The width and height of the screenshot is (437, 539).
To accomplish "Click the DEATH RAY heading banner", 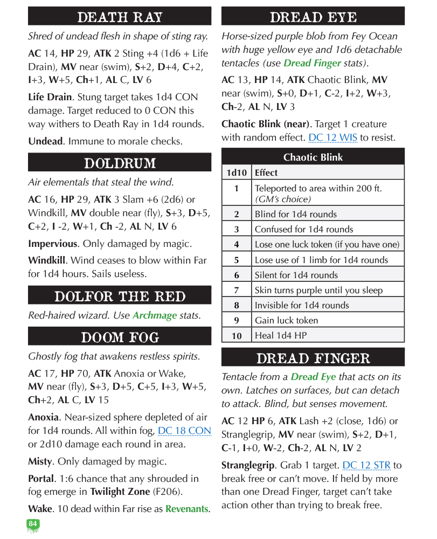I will coord(120,17).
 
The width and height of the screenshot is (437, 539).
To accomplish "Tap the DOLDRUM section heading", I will coord(120,163).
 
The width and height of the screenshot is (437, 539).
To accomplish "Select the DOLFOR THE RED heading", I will coord(120,296).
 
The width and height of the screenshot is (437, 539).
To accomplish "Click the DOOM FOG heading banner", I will coord(120,337).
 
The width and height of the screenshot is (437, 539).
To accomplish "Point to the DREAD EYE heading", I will coord(313,17).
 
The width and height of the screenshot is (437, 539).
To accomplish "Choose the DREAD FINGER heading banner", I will coord(313,358).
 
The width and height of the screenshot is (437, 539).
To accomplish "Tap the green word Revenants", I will coord(186,509).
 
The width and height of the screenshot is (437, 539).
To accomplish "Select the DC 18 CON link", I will coord(184,431).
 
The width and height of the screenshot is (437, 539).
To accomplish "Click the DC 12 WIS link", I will coord(332,137).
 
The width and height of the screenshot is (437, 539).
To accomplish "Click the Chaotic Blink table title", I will coord(313,157).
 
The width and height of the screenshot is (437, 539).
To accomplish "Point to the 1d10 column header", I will coord(237,172).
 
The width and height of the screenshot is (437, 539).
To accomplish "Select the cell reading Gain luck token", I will coord(286,320).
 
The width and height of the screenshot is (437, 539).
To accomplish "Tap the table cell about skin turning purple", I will coord(318,290).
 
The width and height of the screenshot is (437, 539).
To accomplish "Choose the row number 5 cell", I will coord(237,260).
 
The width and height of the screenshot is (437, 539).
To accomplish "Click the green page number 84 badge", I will coord(33,524).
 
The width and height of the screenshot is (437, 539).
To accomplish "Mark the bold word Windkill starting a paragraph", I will coord(47,260).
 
